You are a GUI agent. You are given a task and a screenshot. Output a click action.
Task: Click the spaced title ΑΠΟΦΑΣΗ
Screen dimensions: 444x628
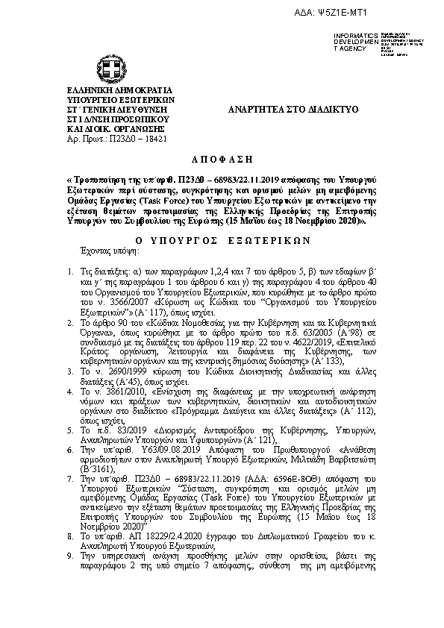pyautogui.click(x=222, y=160)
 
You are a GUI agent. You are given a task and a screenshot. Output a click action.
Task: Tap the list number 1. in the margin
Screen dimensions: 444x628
pyautogui.click(x=70, y=252)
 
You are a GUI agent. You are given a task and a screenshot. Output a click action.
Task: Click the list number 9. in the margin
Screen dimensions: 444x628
pyautogui.click(x=70, y=556)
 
